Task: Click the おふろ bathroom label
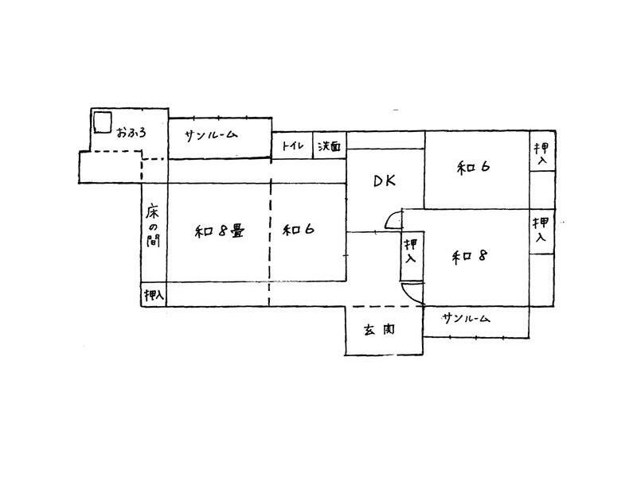131,131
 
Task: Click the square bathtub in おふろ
102,123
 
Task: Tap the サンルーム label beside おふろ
210,135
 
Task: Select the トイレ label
291,146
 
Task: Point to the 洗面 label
330,146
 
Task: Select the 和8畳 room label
219,231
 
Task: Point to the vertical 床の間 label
154,226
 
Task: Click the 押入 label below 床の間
154,296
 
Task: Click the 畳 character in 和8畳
236,231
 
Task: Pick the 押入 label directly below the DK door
410,253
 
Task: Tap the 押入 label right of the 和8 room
541,230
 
